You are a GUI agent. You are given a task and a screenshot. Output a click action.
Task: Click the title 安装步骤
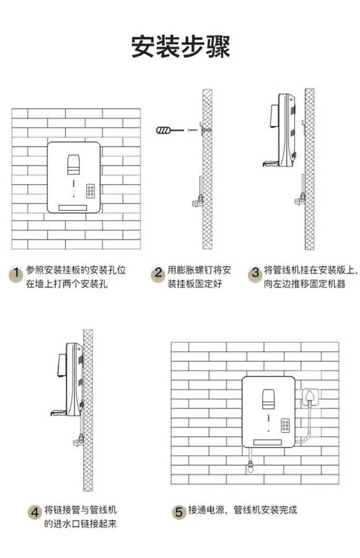click(180, 46)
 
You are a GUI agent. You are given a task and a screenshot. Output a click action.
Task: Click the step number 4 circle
click(35, 513)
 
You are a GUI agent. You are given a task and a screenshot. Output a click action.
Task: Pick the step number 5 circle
click(179, 513)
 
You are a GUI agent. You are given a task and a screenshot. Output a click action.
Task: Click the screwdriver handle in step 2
click(164, 130)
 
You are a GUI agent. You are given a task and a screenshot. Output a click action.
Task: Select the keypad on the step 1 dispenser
click(90, 192)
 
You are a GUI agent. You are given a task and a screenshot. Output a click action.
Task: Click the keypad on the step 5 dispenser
click(285, 425)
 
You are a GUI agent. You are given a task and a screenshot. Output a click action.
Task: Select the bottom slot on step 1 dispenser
click(73, 208)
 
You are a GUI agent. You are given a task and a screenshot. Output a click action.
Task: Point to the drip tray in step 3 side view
click(270, 164)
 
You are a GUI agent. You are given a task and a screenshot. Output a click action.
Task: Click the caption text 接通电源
click(206, 510)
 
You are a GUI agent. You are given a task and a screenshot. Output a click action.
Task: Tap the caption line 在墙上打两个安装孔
click(66, 284)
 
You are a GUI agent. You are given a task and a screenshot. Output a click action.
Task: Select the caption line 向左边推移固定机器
click(304, 284)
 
